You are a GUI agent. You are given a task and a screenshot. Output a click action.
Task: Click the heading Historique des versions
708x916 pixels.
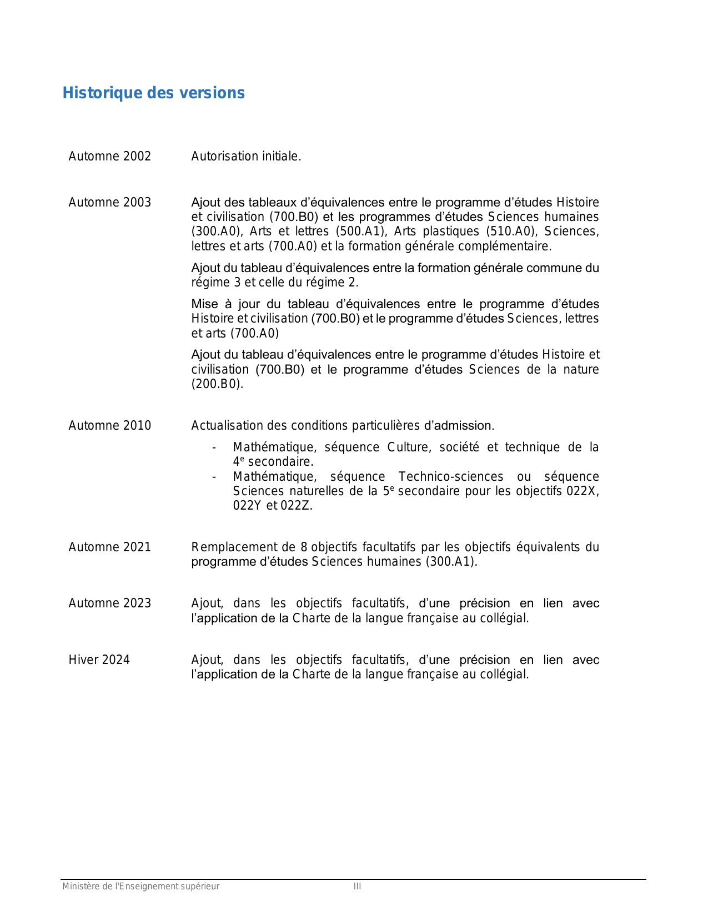click(153, 93)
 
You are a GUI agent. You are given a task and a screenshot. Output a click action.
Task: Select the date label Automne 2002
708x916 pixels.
click(109, 157)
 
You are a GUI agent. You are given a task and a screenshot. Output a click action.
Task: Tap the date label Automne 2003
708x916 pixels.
click(109, 203)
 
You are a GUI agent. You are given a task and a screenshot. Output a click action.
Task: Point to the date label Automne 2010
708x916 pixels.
click(109, 426)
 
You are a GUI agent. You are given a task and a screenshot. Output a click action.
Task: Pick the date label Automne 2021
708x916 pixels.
click(109, 547)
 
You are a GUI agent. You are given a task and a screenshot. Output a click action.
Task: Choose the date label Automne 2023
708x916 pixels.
click(109, 603)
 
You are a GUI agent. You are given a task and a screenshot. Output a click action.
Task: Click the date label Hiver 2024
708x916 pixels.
click(99, 660)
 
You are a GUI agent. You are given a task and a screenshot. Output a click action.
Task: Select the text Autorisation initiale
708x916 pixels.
click(246, 157)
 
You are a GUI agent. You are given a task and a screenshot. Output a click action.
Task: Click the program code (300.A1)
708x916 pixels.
click(451, 562)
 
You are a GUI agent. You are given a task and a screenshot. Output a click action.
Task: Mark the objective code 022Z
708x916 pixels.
click(295, 506)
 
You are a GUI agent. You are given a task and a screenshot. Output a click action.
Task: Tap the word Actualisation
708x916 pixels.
click(227, 426)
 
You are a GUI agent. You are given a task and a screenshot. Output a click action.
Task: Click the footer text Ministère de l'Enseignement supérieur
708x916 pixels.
click(140, 887)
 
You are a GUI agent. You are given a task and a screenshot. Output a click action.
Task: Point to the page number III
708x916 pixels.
click(357, 887)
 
